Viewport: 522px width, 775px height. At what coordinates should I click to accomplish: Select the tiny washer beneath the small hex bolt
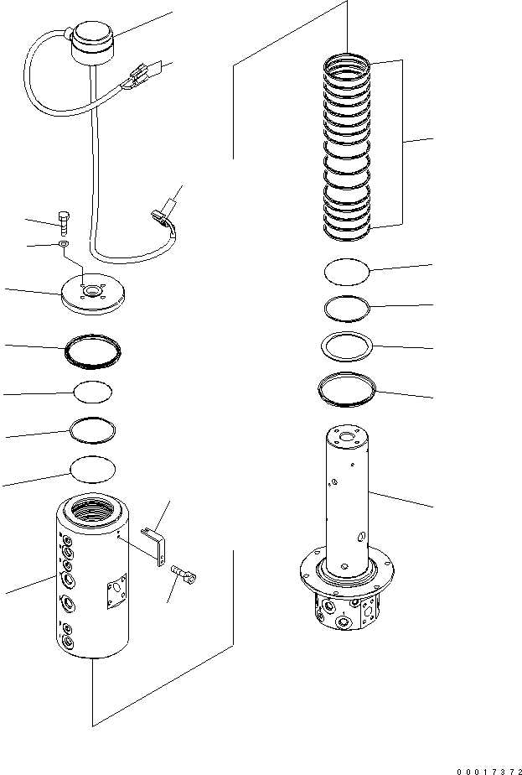pyautogui.click(x=64, y=245)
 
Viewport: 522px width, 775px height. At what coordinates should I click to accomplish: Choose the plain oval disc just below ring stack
pyautogui.click(x=346, y=272)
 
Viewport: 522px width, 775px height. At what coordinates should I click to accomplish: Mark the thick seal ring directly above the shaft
pyautogui.click(x=347, y=388)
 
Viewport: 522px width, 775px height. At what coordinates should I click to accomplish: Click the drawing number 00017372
pyautogui.click(x=473, y=765)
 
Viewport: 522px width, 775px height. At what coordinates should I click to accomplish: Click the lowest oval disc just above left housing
pyautogui.click(x=92, y=468)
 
